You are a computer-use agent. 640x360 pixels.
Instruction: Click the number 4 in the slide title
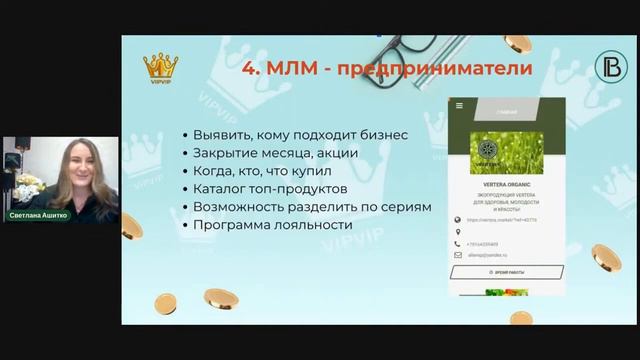251,69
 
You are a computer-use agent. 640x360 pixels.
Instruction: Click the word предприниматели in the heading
448,69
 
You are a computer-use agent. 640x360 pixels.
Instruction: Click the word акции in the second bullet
336,152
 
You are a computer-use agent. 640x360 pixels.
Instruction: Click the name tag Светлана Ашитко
39,214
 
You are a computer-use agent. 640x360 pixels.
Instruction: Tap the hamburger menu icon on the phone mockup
459,105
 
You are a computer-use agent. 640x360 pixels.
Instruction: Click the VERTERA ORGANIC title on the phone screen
505,183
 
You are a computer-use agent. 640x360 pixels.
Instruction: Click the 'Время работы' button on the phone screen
506,271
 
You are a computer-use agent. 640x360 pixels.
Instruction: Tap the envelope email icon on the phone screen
457,255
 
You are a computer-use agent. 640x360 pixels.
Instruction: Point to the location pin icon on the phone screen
457,232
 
